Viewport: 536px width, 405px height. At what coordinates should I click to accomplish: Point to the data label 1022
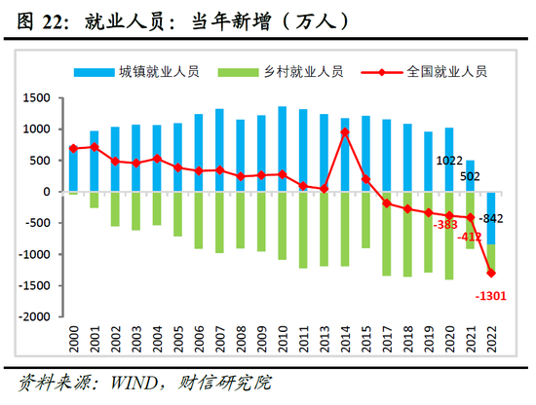coord(449,162)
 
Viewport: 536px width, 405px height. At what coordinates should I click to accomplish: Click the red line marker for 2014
coord(345,132)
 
